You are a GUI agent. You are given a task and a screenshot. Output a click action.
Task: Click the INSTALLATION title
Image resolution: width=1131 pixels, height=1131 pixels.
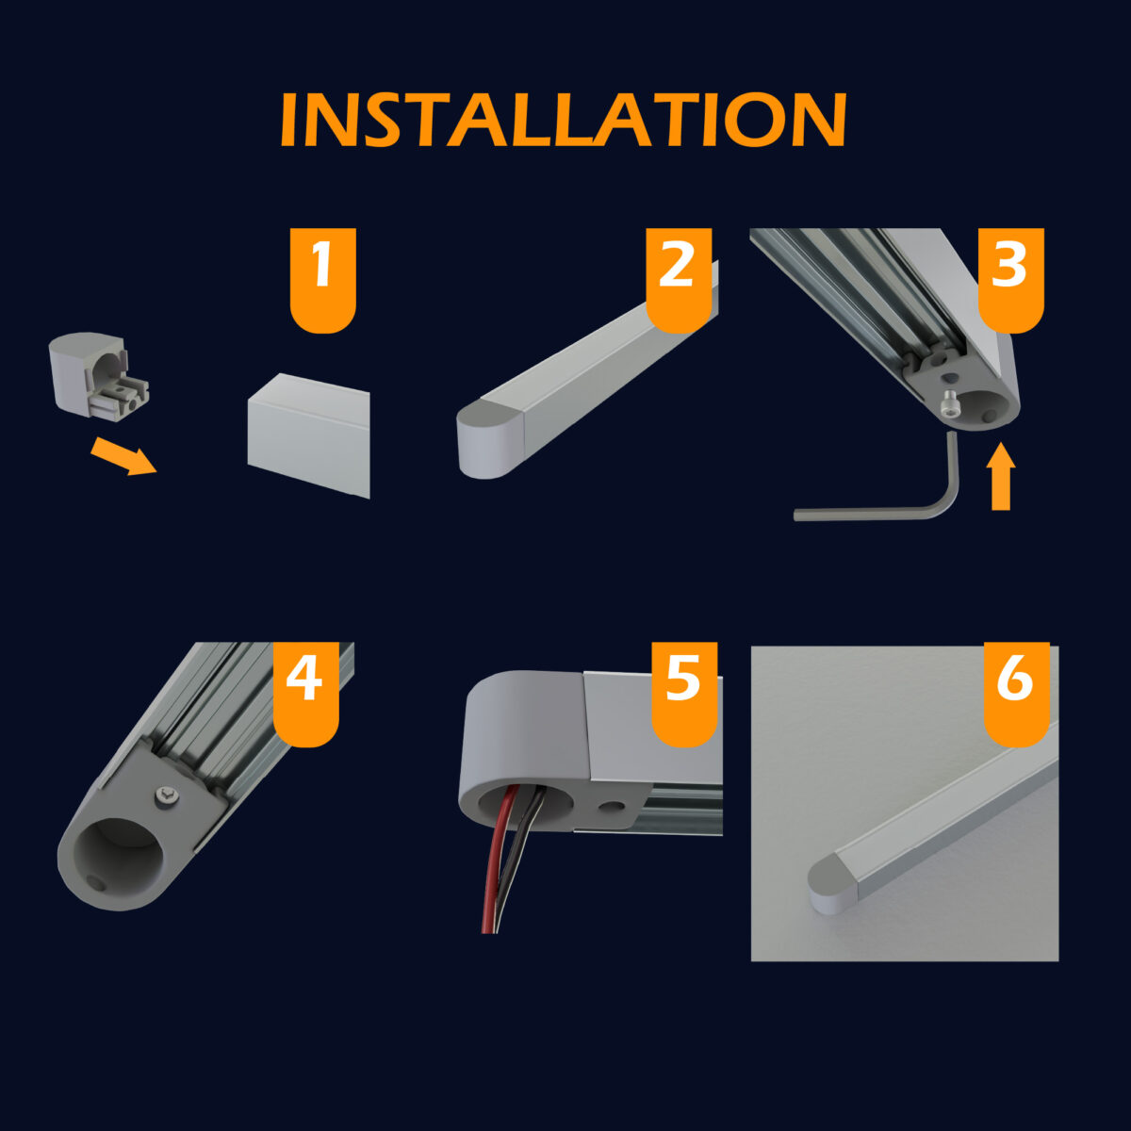(x=564, y=119)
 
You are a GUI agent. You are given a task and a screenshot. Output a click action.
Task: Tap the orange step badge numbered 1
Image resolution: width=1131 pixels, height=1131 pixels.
(x=323, y=280)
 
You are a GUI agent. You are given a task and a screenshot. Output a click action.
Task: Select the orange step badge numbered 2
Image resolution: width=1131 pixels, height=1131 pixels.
(x=679, y=280)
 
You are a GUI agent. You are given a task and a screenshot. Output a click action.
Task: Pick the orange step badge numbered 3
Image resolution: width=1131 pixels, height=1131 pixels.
(x=1010, y=280)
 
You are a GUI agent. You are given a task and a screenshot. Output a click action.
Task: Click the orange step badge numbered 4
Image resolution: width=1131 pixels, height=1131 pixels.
(x=305, y=695)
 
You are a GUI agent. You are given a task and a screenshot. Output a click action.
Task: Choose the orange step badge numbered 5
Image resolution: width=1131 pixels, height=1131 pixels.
(x=684, y=695)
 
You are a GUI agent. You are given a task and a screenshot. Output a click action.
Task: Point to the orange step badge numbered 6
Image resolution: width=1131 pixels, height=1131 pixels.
(x=1017, y=695)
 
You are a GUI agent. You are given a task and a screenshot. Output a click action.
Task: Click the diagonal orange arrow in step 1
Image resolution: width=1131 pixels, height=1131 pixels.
(x=123, y=456)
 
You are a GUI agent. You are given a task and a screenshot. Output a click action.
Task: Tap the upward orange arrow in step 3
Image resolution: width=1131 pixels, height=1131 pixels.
(x=1001, y=477)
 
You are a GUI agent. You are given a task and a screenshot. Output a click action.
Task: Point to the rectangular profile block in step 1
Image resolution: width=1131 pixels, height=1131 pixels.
(x=309, y=434)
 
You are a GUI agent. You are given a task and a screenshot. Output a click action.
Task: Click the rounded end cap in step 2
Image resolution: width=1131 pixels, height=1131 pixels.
(x=490, y=439)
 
